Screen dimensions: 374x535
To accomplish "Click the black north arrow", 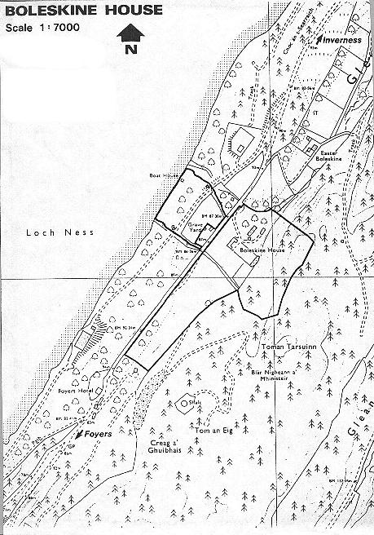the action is [x=131, y=32].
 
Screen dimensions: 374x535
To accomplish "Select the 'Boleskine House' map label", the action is [x=261, y=252].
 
